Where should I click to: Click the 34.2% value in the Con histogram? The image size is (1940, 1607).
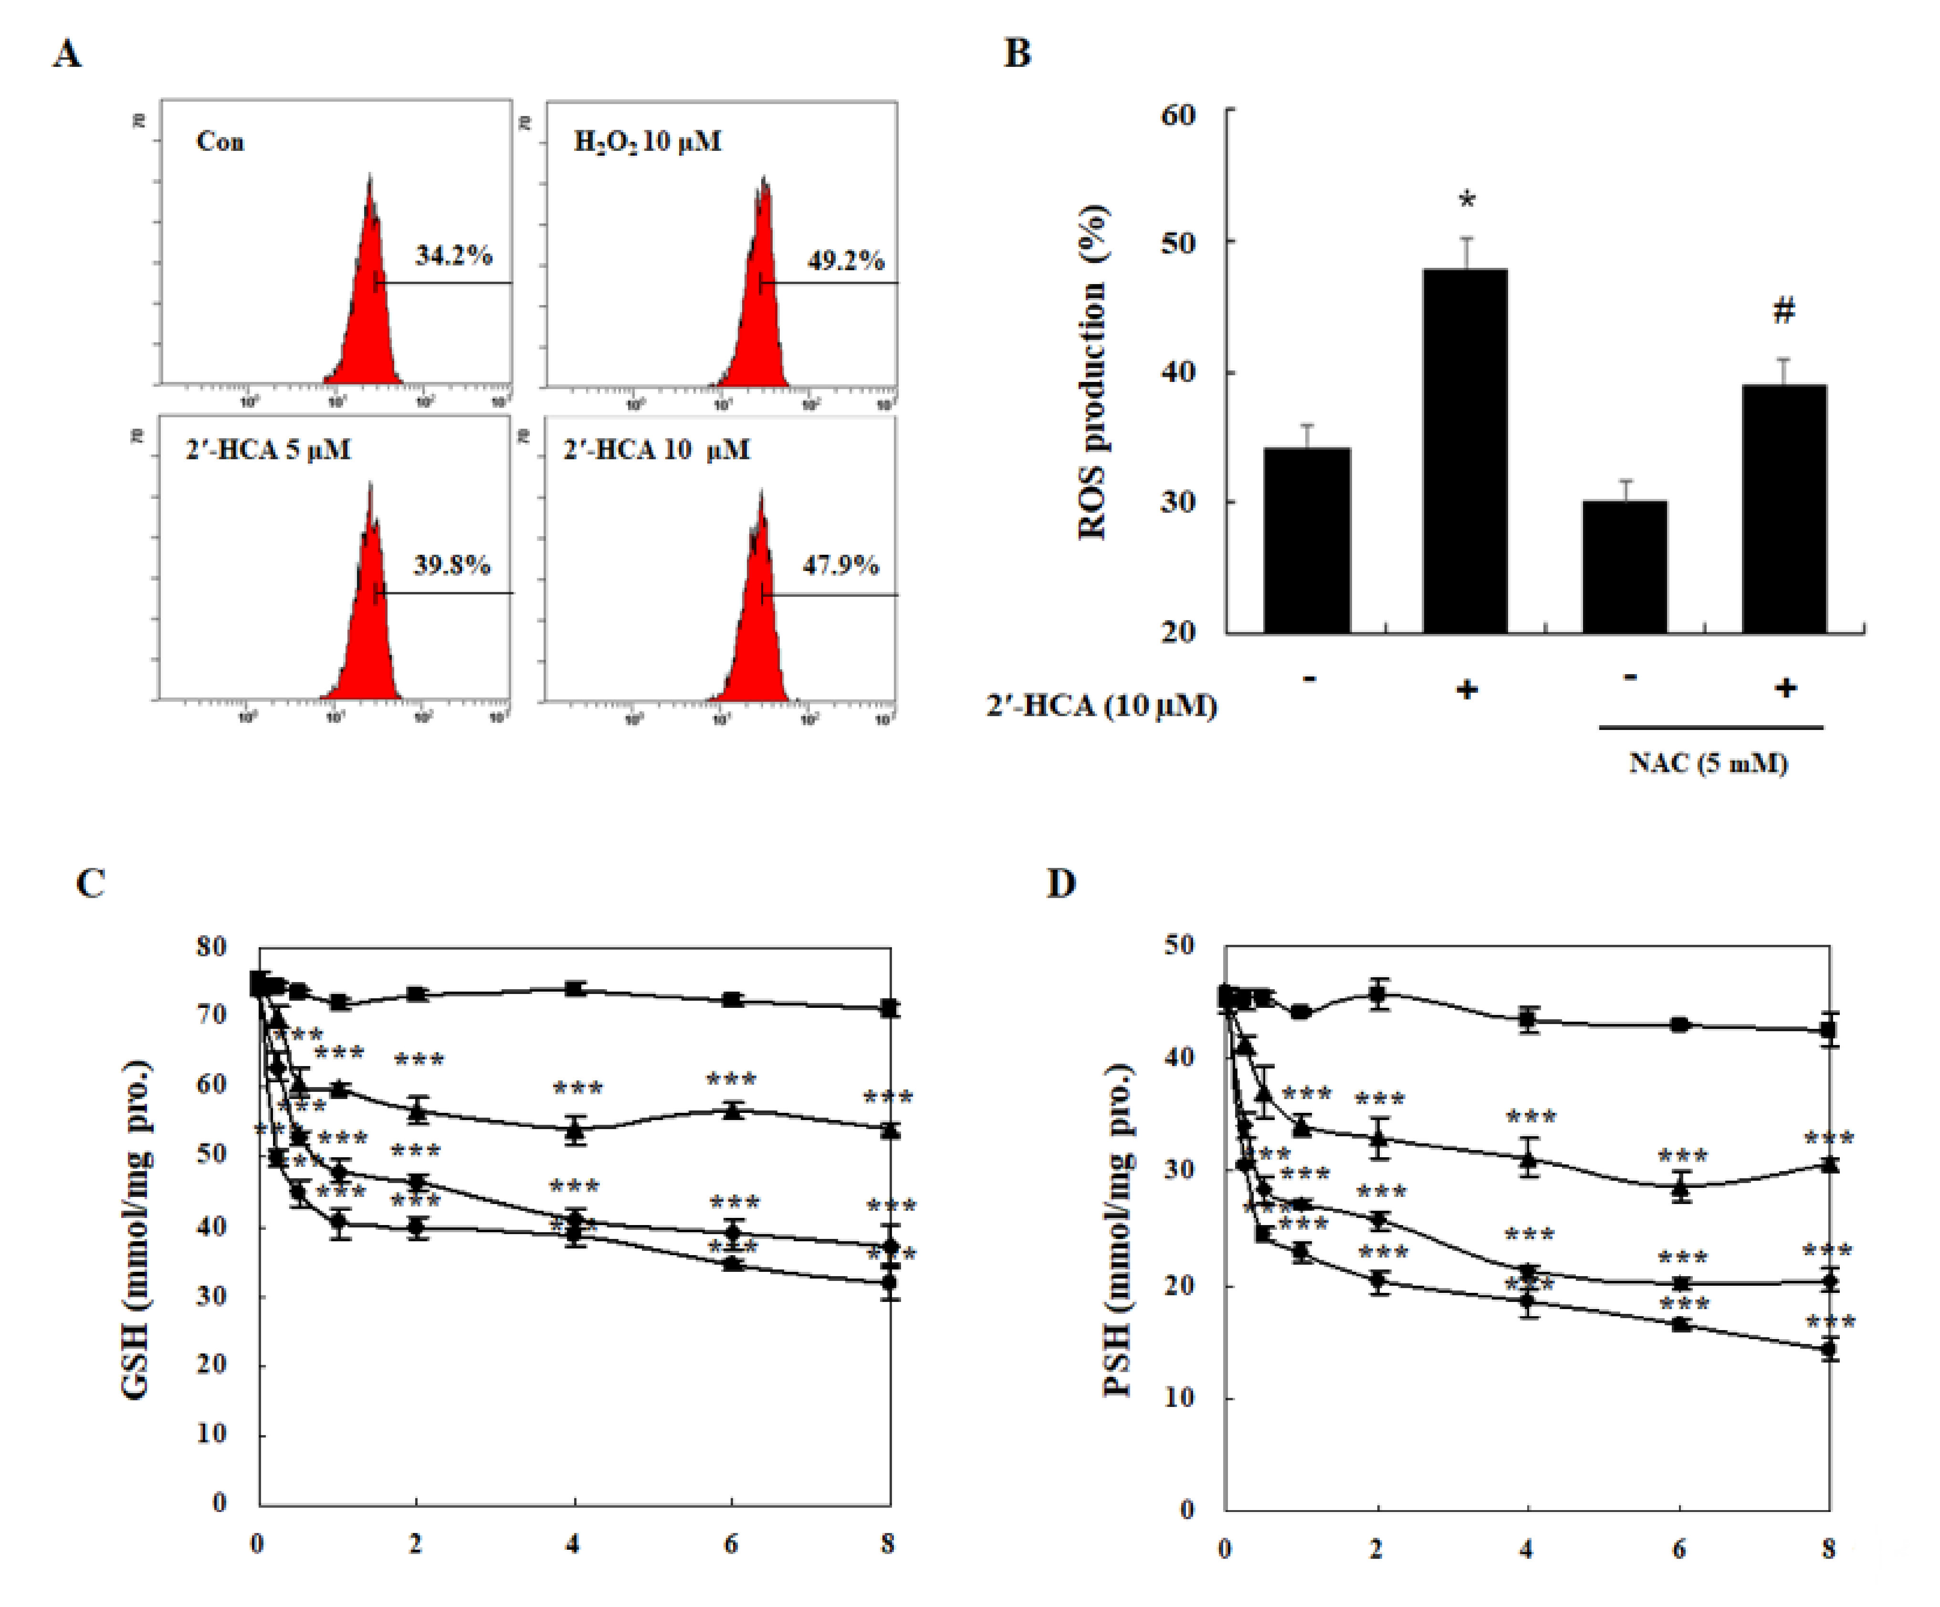pyautogui.click(x=452, y=255)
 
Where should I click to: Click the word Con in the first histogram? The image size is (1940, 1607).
pyautogui.click(x=220, y=141)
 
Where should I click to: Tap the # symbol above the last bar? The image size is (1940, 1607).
pyautogui.click(x=1784, y=311)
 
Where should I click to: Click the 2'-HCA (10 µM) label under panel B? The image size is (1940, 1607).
pyautogui.click(x=1101, y=706)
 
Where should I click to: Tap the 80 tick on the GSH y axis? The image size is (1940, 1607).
pyautogui.click(x=211, y=947)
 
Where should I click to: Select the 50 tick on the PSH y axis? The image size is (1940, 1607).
pyautogui.click(x=1179, y=945)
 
